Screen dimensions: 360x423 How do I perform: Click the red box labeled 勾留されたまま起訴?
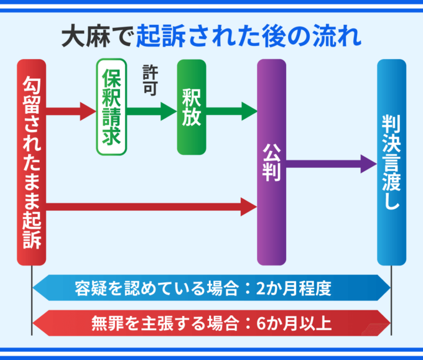[x=32, y=162]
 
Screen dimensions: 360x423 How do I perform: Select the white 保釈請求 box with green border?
[x=111, y=107]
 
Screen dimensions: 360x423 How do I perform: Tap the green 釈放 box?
[x=192, y=107]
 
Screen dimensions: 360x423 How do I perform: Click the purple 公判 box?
[x=272, y=162]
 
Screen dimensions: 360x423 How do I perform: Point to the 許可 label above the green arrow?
[x=151, y=79]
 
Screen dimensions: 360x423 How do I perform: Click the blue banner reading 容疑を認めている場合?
[x=211, y=288]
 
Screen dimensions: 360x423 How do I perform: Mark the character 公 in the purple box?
[x=272, y=152]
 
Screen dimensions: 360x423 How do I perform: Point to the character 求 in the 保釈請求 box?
[x=111, y=136]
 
